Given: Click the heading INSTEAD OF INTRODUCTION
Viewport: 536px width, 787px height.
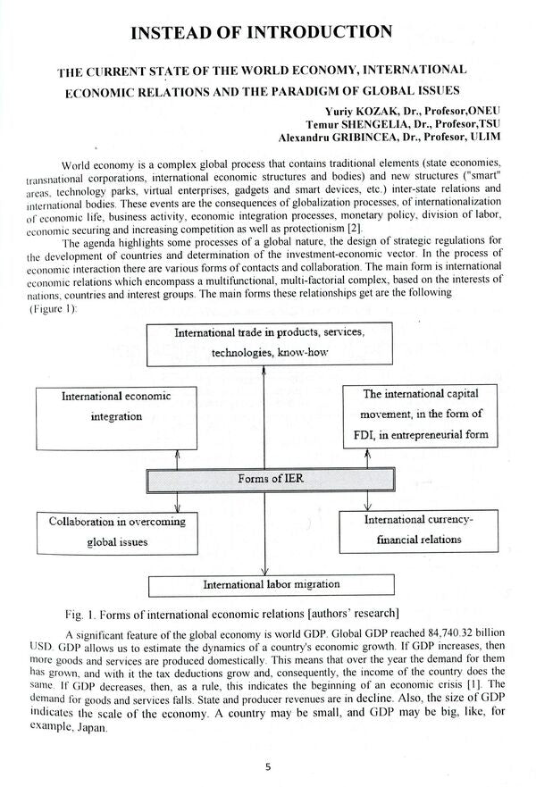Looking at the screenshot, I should point(261,33).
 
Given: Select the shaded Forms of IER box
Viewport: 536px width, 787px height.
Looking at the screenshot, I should point(271,480).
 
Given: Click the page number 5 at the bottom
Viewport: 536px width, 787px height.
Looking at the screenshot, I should point(268,766).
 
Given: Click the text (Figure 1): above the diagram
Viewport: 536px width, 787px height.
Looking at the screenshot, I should point(53,309).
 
